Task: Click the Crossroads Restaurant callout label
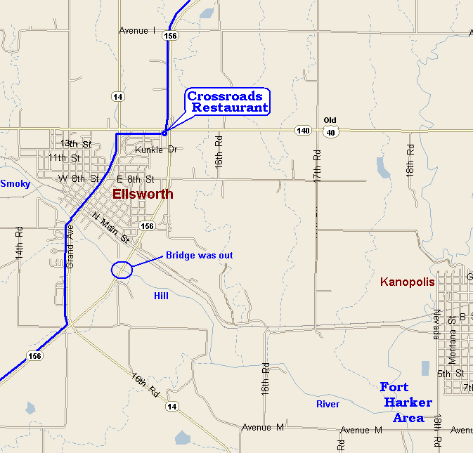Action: (228, 102)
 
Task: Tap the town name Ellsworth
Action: (143, 195)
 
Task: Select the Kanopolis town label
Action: (408, 282)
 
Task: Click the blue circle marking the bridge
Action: (122, 270)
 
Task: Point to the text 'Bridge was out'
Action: (199, 256)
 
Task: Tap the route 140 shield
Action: (303, 131)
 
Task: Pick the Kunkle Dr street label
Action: (154, 150)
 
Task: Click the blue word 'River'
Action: (328, 405)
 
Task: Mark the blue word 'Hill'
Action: (161, 296)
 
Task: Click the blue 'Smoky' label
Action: (15, 184)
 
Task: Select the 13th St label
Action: (76, 144)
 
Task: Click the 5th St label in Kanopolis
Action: (450, 374)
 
